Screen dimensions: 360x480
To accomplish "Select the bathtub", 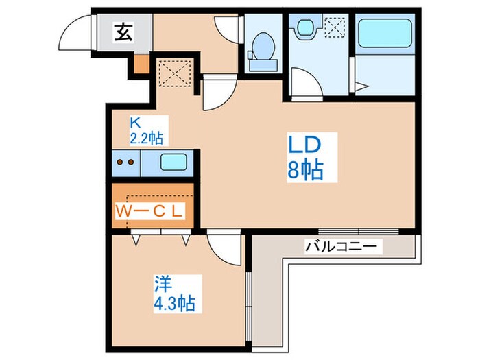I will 385,32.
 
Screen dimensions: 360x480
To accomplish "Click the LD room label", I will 303,146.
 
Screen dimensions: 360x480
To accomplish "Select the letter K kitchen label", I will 136,123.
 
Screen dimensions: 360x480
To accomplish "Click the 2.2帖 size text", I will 146,138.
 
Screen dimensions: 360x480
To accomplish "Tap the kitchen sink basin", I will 173,163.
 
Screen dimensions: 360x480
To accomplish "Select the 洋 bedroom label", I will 162,283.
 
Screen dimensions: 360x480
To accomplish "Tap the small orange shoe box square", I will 141,65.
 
